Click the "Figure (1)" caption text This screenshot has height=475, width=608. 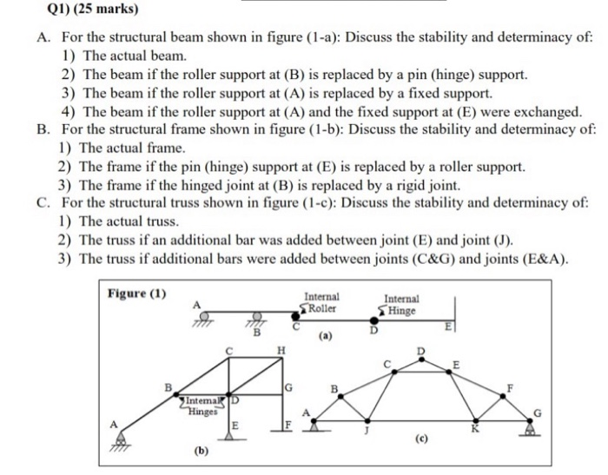coord(136,293)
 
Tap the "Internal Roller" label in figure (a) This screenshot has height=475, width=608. coord(320,302)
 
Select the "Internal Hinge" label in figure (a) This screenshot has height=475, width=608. coord(399,304)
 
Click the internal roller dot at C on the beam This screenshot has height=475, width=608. coord(300,319)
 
